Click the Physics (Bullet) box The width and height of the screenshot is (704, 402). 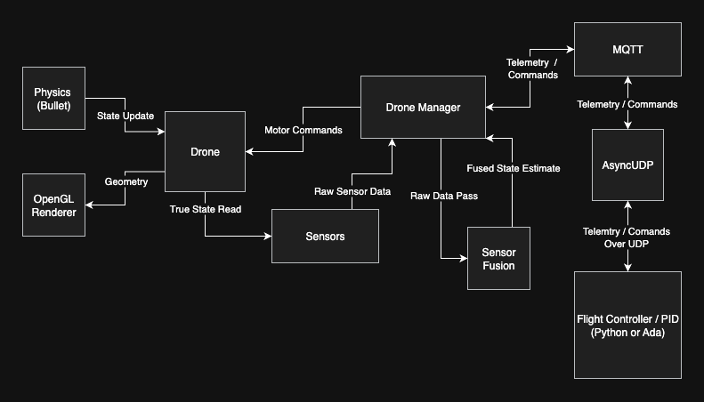point(53,99)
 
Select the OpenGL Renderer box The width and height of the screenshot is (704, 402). point(53,205)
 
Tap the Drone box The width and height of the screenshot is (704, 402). point(205,152)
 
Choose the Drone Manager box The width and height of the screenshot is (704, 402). point(423,108)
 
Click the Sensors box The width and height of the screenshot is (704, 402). point(325,236)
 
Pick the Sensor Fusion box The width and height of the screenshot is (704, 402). point(498,258)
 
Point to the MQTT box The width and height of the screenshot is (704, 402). point(627,50)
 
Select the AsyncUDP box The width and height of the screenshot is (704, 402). point(627,165)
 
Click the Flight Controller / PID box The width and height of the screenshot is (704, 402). point(627,326)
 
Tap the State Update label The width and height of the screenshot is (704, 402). point(125,116)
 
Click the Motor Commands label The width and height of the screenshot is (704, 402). point(303,130)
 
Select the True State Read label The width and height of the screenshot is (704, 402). point(205,209)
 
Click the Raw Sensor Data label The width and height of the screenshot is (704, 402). point(352,191)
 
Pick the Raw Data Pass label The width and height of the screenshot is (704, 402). point(444,196)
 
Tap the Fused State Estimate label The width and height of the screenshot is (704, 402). point(514,168)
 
